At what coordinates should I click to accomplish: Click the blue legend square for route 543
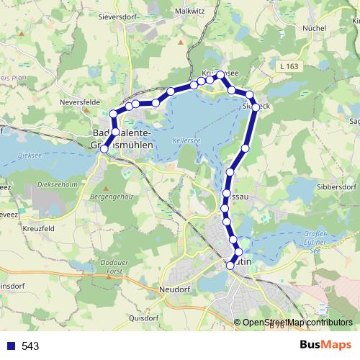click(10, 346)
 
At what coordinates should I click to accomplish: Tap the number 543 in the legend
click(30, 346)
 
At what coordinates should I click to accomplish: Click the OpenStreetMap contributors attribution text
click(297, 323)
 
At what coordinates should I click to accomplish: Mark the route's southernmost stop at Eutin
click(230, 265)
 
